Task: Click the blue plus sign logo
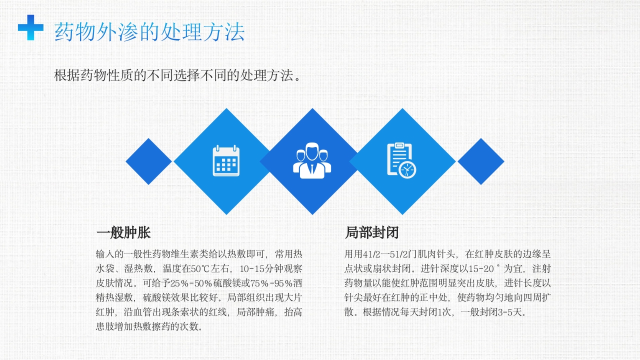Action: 30,27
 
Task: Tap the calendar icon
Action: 226,161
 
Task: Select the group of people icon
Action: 312,161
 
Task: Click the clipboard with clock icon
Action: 401,161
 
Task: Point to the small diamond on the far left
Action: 148,161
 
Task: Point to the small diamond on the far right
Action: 480,161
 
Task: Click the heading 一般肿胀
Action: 123,233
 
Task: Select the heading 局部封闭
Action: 372,233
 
